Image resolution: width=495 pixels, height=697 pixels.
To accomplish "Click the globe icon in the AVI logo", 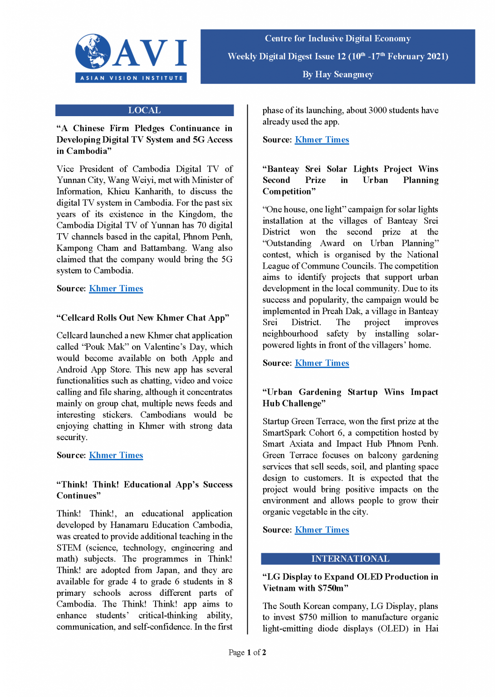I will point(93,51).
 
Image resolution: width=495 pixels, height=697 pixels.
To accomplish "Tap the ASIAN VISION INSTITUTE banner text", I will point(132,78).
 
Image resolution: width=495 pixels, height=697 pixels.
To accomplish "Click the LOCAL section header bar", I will point(144,110).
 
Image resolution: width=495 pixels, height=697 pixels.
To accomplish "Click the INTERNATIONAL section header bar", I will point(350,559).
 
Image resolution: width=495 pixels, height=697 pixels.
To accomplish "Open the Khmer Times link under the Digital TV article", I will point(116,289).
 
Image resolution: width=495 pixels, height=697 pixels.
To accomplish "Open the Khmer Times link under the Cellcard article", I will point(116,455).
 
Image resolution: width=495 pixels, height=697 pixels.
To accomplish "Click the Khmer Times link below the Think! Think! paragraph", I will point(322,140).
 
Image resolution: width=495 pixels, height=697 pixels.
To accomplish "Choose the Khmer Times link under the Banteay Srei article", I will point(322,363).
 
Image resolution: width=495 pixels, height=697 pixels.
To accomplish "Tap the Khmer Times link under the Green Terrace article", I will point(322,530).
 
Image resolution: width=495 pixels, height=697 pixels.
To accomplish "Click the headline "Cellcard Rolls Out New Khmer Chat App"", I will point(143,318).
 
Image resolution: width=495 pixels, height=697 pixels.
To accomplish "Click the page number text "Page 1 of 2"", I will point(247,653).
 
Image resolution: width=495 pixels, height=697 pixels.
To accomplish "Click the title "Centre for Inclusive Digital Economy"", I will point(338,39).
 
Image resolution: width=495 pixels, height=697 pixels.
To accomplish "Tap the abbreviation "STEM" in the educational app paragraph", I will point(69,548).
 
